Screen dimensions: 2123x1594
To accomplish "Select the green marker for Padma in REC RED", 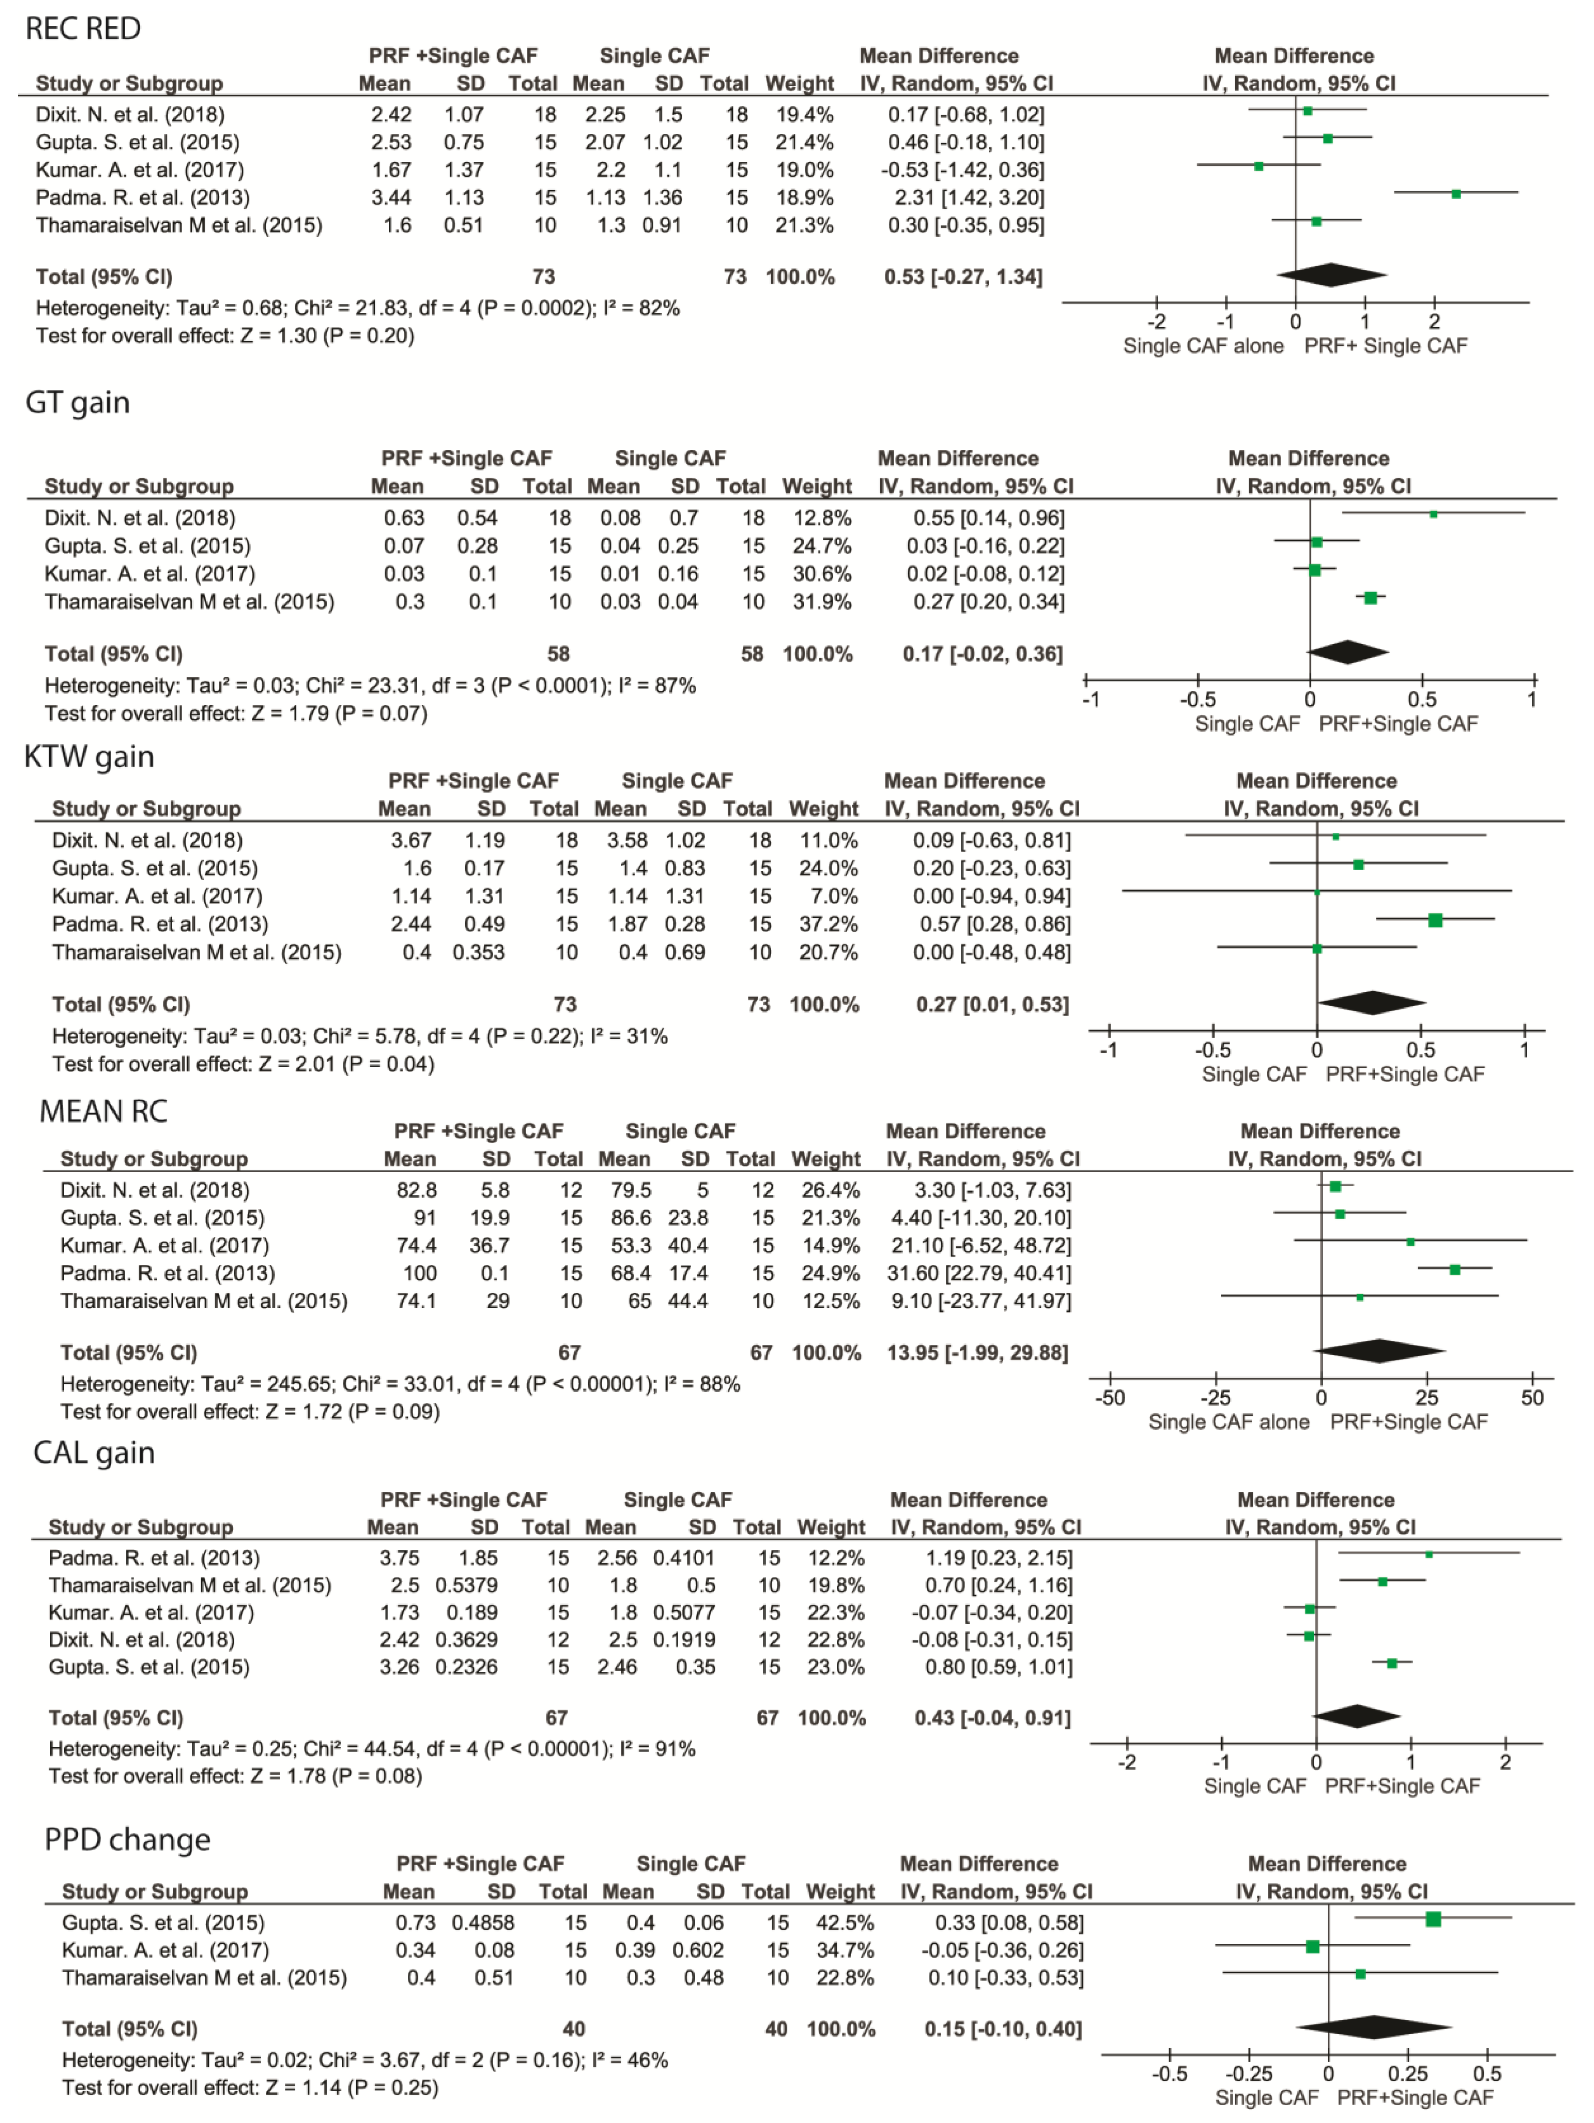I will click(1456, 194).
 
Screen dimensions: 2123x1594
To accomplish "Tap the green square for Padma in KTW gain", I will click(1435, 920).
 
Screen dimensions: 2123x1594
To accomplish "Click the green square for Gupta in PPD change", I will click(1433, 1920).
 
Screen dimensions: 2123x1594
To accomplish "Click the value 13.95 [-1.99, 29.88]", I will click(977, 1352).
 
